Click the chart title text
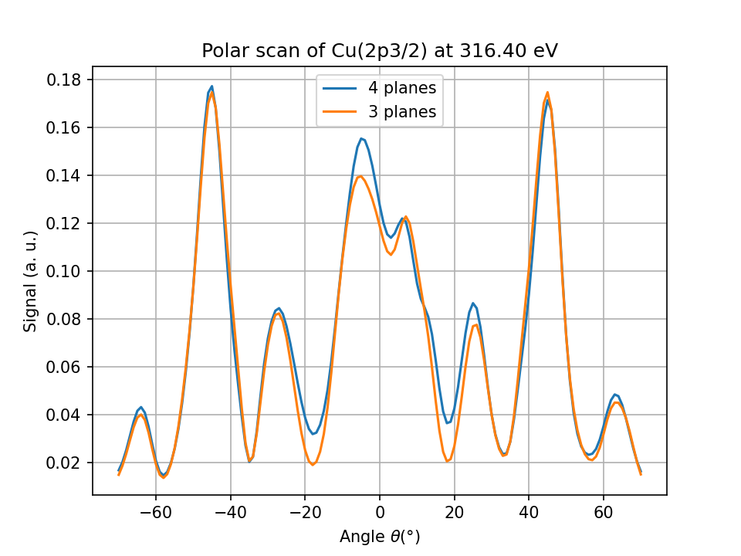pos(379,51)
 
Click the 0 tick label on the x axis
pos(380,512)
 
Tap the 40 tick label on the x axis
pos(529,512)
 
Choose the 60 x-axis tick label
pos(604,512)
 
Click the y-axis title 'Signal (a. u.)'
pos(31,281)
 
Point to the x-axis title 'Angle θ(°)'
pos(380,536)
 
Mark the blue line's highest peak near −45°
pos(211,86)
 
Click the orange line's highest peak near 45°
pos(547,92)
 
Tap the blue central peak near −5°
pos(361,138)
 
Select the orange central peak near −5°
pos(360,176)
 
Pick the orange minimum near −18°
pos(313,465)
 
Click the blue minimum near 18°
pos(447,423)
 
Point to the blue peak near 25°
pos(473,303)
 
